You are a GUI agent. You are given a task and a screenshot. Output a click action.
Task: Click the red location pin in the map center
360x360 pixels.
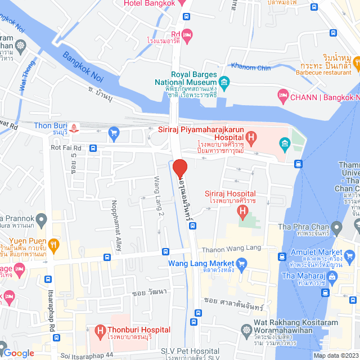tap(179, 169)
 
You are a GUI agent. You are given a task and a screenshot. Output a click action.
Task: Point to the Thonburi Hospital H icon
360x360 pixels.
tap(100, 330)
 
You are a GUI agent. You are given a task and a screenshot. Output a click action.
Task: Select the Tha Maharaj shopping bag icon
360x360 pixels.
tap(332, 276)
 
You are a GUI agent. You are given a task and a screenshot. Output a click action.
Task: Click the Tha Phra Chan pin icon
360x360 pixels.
tap(336, 228)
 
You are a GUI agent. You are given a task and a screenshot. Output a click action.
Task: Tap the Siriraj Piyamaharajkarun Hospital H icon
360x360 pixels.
tap(251, 137)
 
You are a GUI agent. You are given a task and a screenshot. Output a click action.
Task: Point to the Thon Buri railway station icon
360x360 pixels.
tap(75, 127)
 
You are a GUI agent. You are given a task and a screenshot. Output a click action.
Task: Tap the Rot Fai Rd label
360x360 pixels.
tap(66, 148)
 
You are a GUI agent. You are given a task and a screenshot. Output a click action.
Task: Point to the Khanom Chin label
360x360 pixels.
tap(251, 68)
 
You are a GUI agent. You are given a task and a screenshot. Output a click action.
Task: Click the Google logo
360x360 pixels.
tap(19, 353)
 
